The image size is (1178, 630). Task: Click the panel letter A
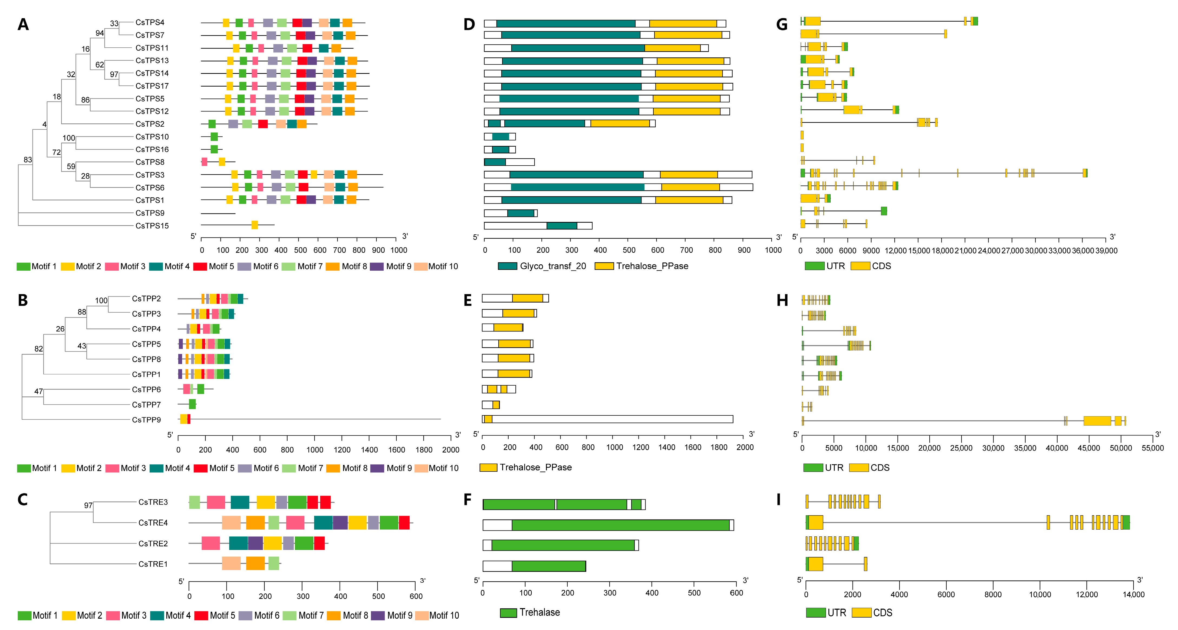[23, 24]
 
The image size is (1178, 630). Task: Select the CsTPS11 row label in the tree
[152, 48]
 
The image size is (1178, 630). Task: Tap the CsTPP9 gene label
[146, 419]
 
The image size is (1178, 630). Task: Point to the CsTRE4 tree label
[153, 523]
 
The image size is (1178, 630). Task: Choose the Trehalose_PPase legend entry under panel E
[526, 467]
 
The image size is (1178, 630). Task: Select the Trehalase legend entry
[531, 612]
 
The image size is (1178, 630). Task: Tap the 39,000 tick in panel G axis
[1106, 250]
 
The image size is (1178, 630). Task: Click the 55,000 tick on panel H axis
[1152, 448]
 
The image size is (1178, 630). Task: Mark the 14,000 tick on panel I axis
[1133, 594]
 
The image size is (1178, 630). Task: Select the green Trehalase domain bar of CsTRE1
[549, 566]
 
